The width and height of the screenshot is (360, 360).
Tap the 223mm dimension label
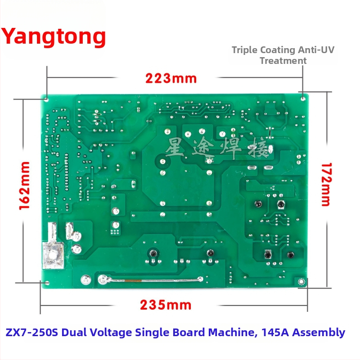click(x=171, y=78)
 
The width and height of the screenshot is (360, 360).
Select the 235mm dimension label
click(x=166, y=305)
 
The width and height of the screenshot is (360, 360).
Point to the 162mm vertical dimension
click(x=24, y=185)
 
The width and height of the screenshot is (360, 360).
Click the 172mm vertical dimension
click(x=327, y=184)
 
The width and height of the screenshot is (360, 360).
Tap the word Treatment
click(x=283, y=61)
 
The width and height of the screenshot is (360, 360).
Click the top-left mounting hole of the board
click(x=46, y=100)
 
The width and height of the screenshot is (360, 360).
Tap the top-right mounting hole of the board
click(x=303, y=99)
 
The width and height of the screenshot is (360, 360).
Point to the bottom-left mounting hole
click(x=47, y=283)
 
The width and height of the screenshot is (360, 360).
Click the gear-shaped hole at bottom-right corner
click(x=301, y=282)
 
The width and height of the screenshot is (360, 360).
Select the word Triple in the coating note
click(x=244, y=50)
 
